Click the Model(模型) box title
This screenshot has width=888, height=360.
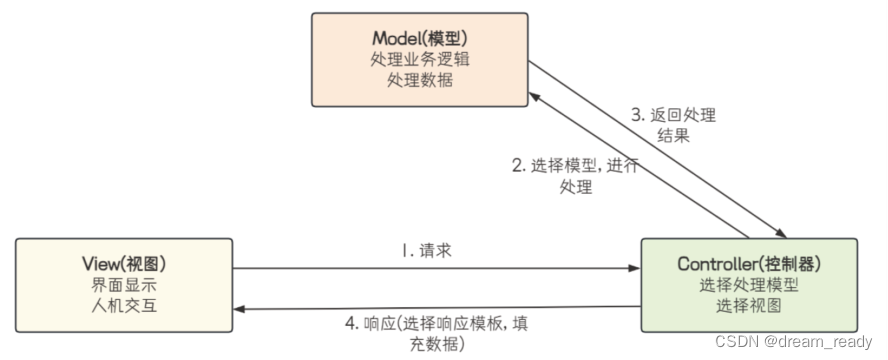[x=418, y=37]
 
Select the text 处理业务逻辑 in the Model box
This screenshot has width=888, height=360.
[x=418, y=58]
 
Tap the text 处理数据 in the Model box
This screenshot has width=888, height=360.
[x=418, y=80]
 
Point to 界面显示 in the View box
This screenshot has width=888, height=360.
[x=124, y=283]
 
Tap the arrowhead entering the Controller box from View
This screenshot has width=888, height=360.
[x=634, y=268]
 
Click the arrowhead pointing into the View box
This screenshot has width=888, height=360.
[x=240, y=311]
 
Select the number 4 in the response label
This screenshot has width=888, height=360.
[x=349, y=323]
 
